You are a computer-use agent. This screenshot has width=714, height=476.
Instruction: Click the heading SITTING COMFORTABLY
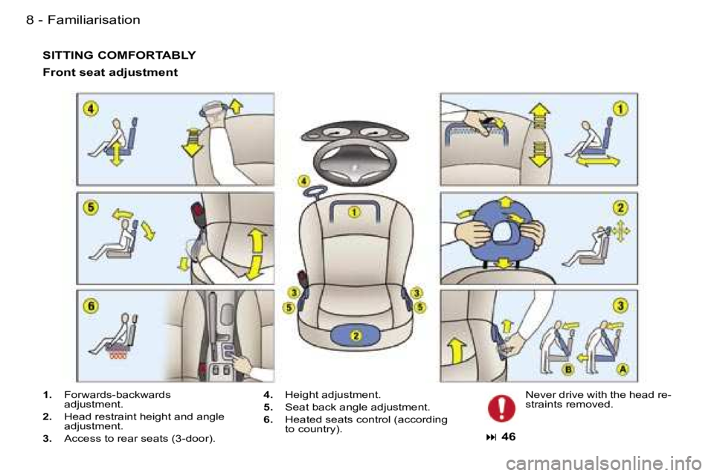[119, 55]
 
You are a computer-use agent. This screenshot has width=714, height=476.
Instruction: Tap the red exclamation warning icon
[501, 408]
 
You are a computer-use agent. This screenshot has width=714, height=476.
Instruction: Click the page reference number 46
[508, 437]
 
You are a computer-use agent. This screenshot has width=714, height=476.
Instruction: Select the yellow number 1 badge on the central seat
[354, 212]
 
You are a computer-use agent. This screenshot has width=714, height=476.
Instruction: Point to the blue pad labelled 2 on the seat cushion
[356, 335]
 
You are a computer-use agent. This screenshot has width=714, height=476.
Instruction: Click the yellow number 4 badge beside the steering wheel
[303, 181]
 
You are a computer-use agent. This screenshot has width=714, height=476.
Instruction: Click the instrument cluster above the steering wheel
[356, 132]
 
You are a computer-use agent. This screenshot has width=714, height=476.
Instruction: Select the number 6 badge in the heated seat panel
[91, 306]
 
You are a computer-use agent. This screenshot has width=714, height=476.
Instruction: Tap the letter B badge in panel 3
[567, 370]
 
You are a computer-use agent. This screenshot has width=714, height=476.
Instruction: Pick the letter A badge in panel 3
[623, 369]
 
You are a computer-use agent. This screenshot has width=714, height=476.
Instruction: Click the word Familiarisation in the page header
[94, 20]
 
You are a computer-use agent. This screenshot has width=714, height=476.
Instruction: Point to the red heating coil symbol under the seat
[118, 352]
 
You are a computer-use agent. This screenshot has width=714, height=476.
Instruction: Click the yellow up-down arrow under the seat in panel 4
[116, 153]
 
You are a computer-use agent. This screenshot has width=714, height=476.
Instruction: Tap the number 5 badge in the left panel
[91, 208]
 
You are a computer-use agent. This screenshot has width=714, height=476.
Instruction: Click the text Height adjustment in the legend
[332, 394]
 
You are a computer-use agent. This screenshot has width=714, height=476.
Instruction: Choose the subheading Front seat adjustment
[110, 72]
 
